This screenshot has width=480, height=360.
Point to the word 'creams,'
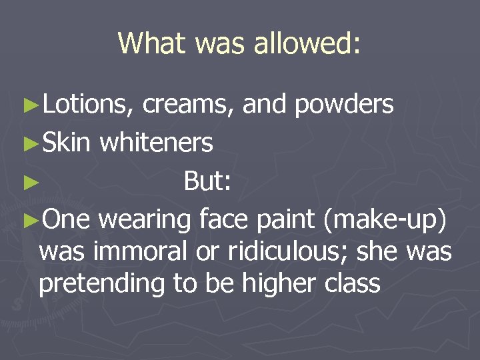click(188, 105)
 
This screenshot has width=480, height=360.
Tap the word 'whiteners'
click(157, 142)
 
